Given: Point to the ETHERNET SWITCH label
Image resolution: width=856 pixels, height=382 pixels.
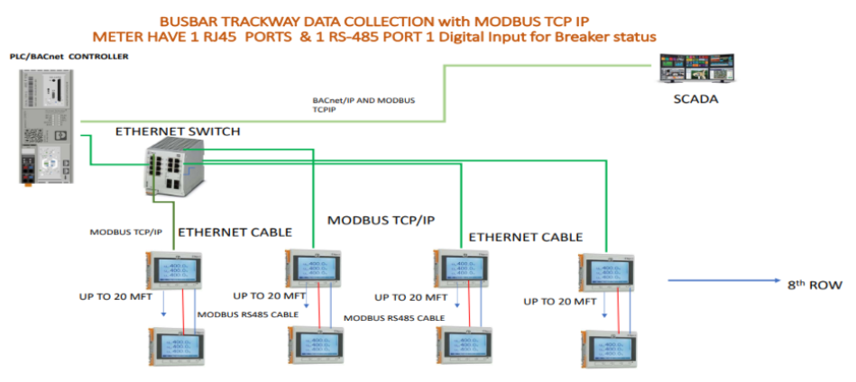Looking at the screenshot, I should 177,132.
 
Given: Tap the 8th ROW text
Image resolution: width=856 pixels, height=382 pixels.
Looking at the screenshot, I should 814,285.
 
